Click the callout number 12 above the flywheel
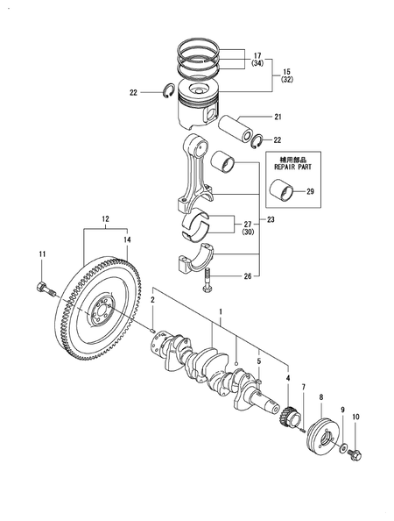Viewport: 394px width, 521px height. [105, 218]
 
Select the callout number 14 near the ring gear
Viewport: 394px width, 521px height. [127, 239]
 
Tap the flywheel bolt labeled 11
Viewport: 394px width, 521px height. [43, 287]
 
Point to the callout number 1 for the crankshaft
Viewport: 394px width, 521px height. [221, 311]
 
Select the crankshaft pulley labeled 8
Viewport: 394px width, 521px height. [322, 435]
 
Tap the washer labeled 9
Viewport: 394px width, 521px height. [343, 446]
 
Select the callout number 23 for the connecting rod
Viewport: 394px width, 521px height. [271, 220]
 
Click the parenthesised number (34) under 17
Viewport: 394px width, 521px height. [258, 64]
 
